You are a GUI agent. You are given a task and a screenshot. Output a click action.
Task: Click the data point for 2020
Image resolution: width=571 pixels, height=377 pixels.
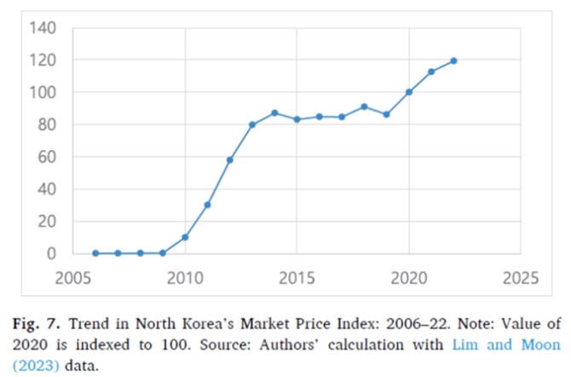(x=409, y=92)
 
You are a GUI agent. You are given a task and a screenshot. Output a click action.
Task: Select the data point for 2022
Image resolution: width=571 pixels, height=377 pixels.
(x=453, y=61)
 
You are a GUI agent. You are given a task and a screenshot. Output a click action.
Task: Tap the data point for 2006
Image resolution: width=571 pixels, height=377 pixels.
(x=95, y=253)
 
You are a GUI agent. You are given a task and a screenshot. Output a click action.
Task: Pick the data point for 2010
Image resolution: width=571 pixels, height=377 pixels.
(x=185, y=237)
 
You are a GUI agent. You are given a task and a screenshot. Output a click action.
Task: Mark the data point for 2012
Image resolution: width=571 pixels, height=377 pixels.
(x=230, y=160)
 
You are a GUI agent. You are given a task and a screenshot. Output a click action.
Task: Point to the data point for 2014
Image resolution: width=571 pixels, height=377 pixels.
(x=274, y=113)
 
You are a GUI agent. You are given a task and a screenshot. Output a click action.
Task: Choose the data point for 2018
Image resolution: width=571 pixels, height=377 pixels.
(x=364, y=107)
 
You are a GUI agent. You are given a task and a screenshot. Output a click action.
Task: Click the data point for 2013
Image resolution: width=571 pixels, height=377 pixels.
(x=252, y=125)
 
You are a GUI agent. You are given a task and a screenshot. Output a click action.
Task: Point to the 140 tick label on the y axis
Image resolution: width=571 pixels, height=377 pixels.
(x=43, y=27)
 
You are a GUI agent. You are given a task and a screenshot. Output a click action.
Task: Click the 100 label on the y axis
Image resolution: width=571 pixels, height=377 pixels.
(x=43, y=92)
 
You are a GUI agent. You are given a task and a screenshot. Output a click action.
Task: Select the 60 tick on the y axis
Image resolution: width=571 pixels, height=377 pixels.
(x=47, y=157)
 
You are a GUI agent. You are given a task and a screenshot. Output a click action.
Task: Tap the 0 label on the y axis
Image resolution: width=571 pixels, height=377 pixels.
(x=51, y=253)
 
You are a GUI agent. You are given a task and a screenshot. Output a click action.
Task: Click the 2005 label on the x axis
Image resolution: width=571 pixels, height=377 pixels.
(x=72, y=278)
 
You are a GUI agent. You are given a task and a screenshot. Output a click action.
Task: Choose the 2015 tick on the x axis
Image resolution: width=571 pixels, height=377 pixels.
(x=297, y=278)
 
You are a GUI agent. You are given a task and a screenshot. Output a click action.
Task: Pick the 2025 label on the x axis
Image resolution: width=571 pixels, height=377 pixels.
(x=521, y=278)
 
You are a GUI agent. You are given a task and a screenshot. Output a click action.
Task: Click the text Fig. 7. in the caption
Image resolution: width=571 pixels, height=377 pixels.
(x=36, y=324)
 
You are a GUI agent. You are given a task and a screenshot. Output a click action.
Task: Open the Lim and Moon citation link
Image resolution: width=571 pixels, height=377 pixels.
(x=506, y=345)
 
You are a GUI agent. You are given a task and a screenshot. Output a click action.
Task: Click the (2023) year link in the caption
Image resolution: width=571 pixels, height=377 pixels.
(x=36, y=365)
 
